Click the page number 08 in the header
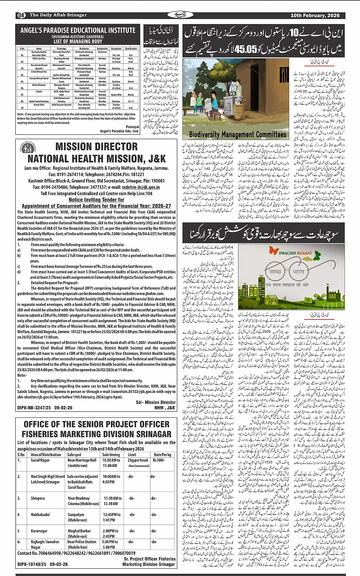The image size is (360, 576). pyautogui.click(x=21, y=15)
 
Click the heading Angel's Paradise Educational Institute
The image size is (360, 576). pyautogui.click(x=78, y=30)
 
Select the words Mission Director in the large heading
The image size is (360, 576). pyautogui.click(x=96, y=147)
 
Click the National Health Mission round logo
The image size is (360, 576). pyautogui.click(x=29, y=149)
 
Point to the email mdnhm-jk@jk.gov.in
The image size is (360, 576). pyautogui.click(x=141, y=187)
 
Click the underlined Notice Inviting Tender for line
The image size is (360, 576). pyautogui.click(x=96, y=200)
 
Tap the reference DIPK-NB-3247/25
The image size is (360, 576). pyautogui.click(x=34, y=408)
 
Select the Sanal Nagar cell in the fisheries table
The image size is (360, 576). pyautogui.click(x=40, y=460)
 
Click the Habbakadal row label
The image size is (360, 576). pyautogui.click(x=40, y=515)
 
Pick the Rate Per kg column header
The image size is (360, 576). pyautogui.click(x=162, y=455)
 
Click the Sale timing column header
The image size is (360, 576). pyautogui.click(x=111, y=455)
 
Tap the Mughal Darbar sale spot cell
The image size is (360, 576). pyautogui.click(x=80, y=531)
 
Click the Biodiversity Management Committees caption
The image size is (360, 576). pyautogui.click(x=237, y=135)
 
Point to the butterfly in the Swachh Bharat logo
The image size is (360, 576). pyautogui.click(x=274, y=250)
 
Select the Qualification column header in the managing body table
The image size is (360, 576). pyautogui.click(x=131, y=48)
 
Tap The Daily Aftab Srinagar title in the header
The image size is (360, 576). pyautogui.click(x=58, y=15)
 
